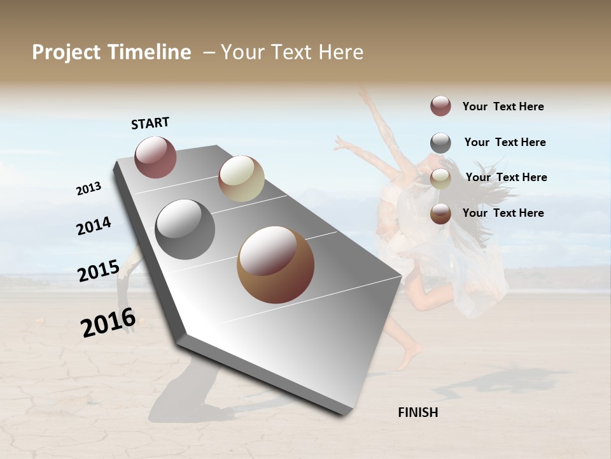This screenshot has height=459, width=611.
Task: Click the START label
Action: (x=150, y=123)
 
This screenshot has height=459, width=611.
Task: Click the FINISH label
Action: (x=418, y=412)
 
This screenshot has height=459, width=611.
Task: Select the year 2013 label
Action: (x=88, y=188)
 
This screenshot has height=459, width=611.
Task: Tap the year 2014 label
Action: (x=94, y=226)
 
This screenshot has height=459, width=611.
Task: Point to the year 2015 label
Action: (x=99, y=270)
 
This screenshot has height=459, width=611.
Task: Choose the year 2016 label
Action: (x=108, y=322)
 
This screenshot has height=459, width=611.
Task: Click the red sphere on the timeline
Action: (x=155, y=157)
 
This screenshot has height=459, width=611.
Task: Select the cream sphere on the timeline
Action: (x=241, y=178)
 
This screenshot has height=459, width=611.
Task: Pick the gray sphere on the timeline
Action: (x=185, y=229)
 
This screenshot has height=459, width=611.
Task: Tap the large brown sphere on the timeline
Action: (x=276, y=265)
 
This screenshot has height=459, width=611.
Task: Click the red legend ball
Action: (x=440, y=106)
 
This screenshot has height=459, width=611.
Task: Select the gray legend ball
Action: (x=440, y=143)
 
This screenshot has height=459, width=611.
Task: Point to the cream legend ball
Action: (x=440, y=178)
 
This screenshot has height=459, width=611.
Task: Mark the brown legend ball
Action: (x=440, y=214)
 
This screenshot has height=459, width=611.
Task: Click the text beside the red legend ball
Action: (x=503, y=106)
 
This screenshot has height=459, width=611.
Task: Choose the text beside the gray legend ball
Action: (x=505, y=142)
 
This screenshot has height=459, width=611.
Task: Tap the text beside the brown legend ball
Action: (x=503, y=213)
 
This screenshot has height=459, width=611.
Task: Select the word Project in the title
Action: (x=67, y=52)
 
